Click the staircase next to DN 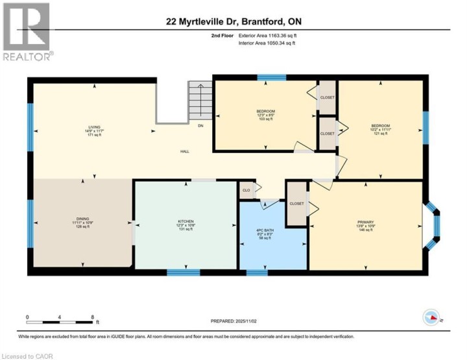200,102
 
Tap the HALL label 185,151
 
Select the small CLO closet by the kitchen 246,190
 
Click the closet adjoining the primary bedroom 296,203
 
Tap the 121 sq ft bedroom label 380,125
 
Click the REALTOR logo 27,32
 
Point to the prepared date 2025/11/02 234,321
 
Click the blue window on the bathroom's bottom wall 257,272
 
